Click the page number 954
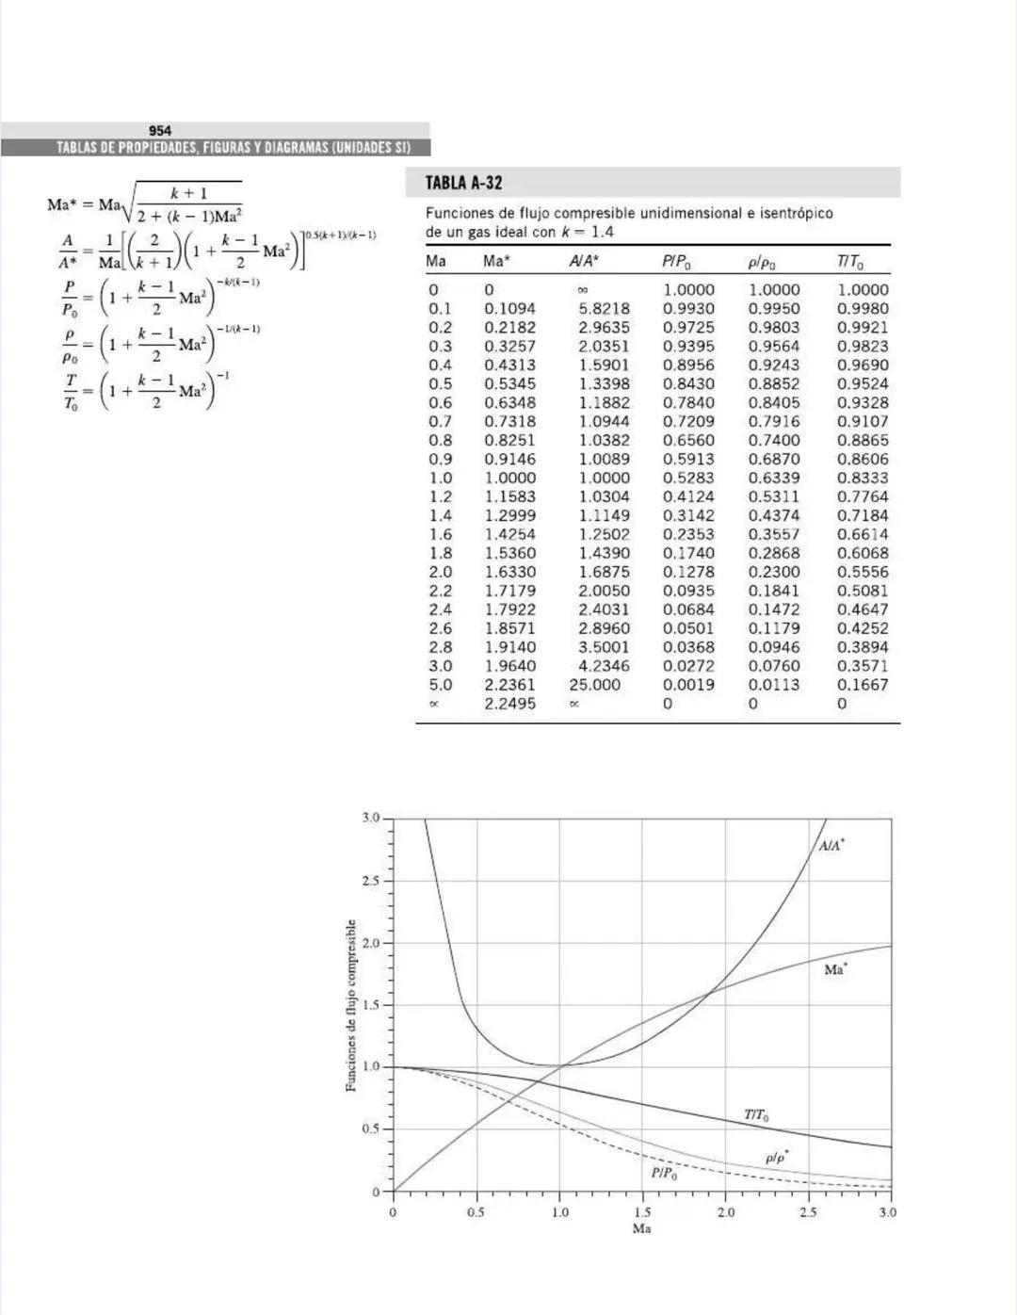(x=160, y=131)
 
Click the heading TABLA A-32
(x=463, y=183)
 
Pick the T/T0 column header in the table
(x=849, y=262)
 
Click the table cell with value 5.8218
(x=604, y=309)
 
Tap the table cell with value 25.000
(x=594, y=685)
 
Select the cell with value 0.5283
(x=688, y=478)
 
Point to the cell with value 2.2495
(x=509, y=704)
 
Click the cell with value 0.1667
(x=863, y=685)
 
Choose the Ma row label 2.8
(x=440, y=647)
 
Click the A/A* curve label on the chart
(x=831, y=846)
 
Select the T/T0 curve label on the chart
(x=756, y=1115)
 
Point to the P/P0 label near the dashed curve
(x=664, y=1173)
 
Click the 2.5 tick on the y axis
(x=371, y=881)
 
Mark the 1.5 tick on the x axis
(x=642, y=1212)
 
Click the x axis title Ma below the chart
(x=641, y=1229)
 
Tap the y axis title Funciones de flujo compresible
(x=351, y=1005)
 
